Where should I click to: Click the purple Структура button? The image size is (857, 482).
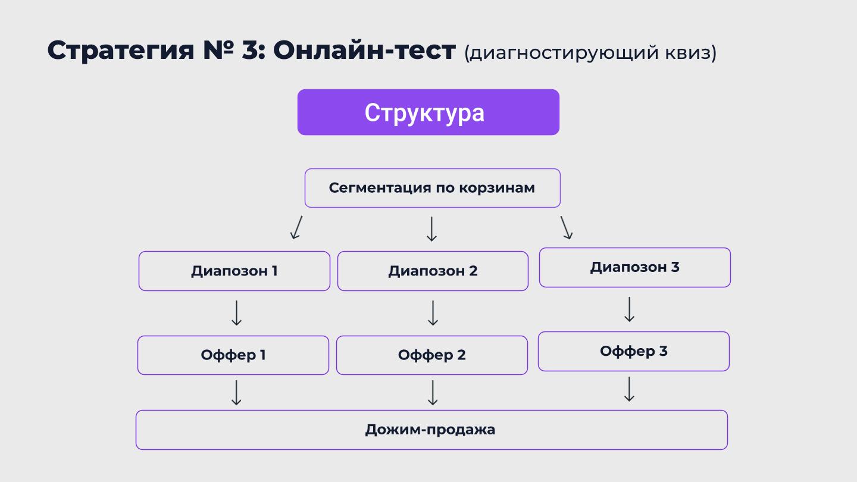pyautogui.click(x=428, y=112)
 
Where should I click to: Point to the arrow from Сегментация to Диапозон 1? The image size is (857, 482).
pyautogui.click(x=296, y=227)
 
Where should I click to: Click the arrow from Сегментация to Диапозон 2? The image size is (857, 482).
pyautogui.click(x=431, y=229)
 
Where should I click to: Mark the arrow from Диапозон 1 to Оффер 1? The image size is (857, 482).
pyautogui.click(x=236, y=313)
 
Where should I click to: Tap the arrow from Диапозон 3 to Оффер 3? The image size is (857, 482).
pyautogui.click(x=630, y=309)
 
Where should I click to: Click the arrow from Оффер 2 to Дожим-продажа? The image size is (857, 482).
pyautogui.click(x=433, y=393)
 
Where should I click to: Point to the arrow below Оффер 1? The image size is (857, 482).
pyautogui.click(x=236, y=393)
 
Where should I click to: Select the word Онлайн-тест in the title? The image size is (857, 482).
pyautogui.click(x=364, y=50)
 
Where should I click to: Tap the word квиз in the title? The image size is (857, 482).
pyautogui.click(x=687, y=53)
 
